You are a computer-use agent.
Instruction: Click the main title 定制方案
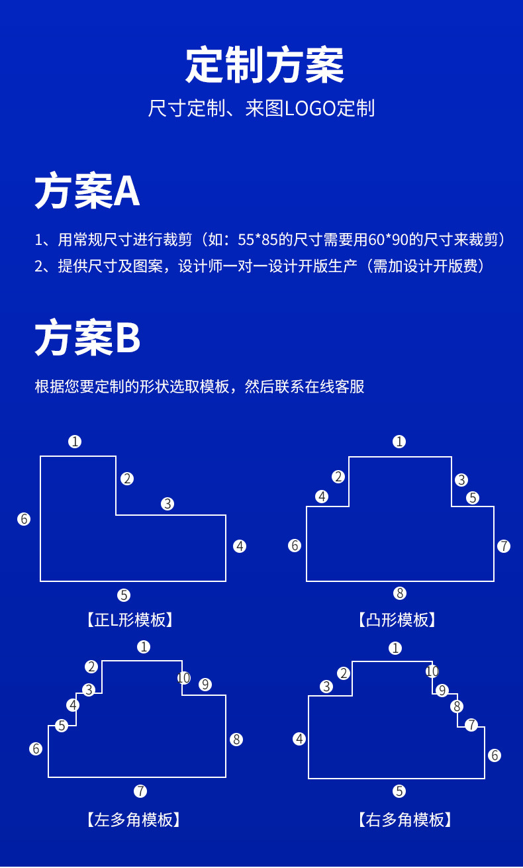[x=264, y=66]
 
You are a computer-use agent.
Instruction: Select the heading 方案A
[x=87, y=191]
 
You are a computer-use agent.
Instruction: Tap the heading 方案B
[x=87, y=338]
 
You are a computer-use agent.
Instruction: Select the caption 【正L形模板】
[x=130, y=620]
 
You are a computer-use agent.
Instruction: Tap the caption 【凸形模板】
[x=398, y=620]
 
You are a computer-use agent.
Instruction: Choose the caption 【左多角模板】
[x=133, y=820]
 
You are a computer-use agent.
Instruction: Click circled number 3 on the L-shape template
[x=167, y=504]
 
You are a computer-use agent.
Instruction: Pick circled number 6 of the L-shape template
[x=24, y=519]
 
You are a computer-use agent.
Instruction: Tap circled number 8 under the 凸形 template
[x=399, y=593]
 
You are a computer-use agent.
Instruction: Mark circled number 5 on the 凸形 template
[x=472, y=498]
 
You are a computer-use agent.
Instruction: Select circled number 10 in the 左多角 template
[x=184, y=677]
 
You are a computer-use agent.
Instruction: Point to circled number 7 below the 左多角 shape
[x=140, y=791]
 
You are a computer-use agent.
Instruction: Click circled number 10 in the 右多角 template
[x=432, y=671]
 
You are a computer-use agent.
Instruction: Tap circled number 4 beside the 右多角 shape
[x=299, y=739]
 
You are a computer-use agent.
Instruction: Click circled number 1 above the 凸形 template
[x=399, y=442]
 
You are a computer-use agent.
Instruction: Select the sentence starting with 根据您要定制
[x=199, y=387]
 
